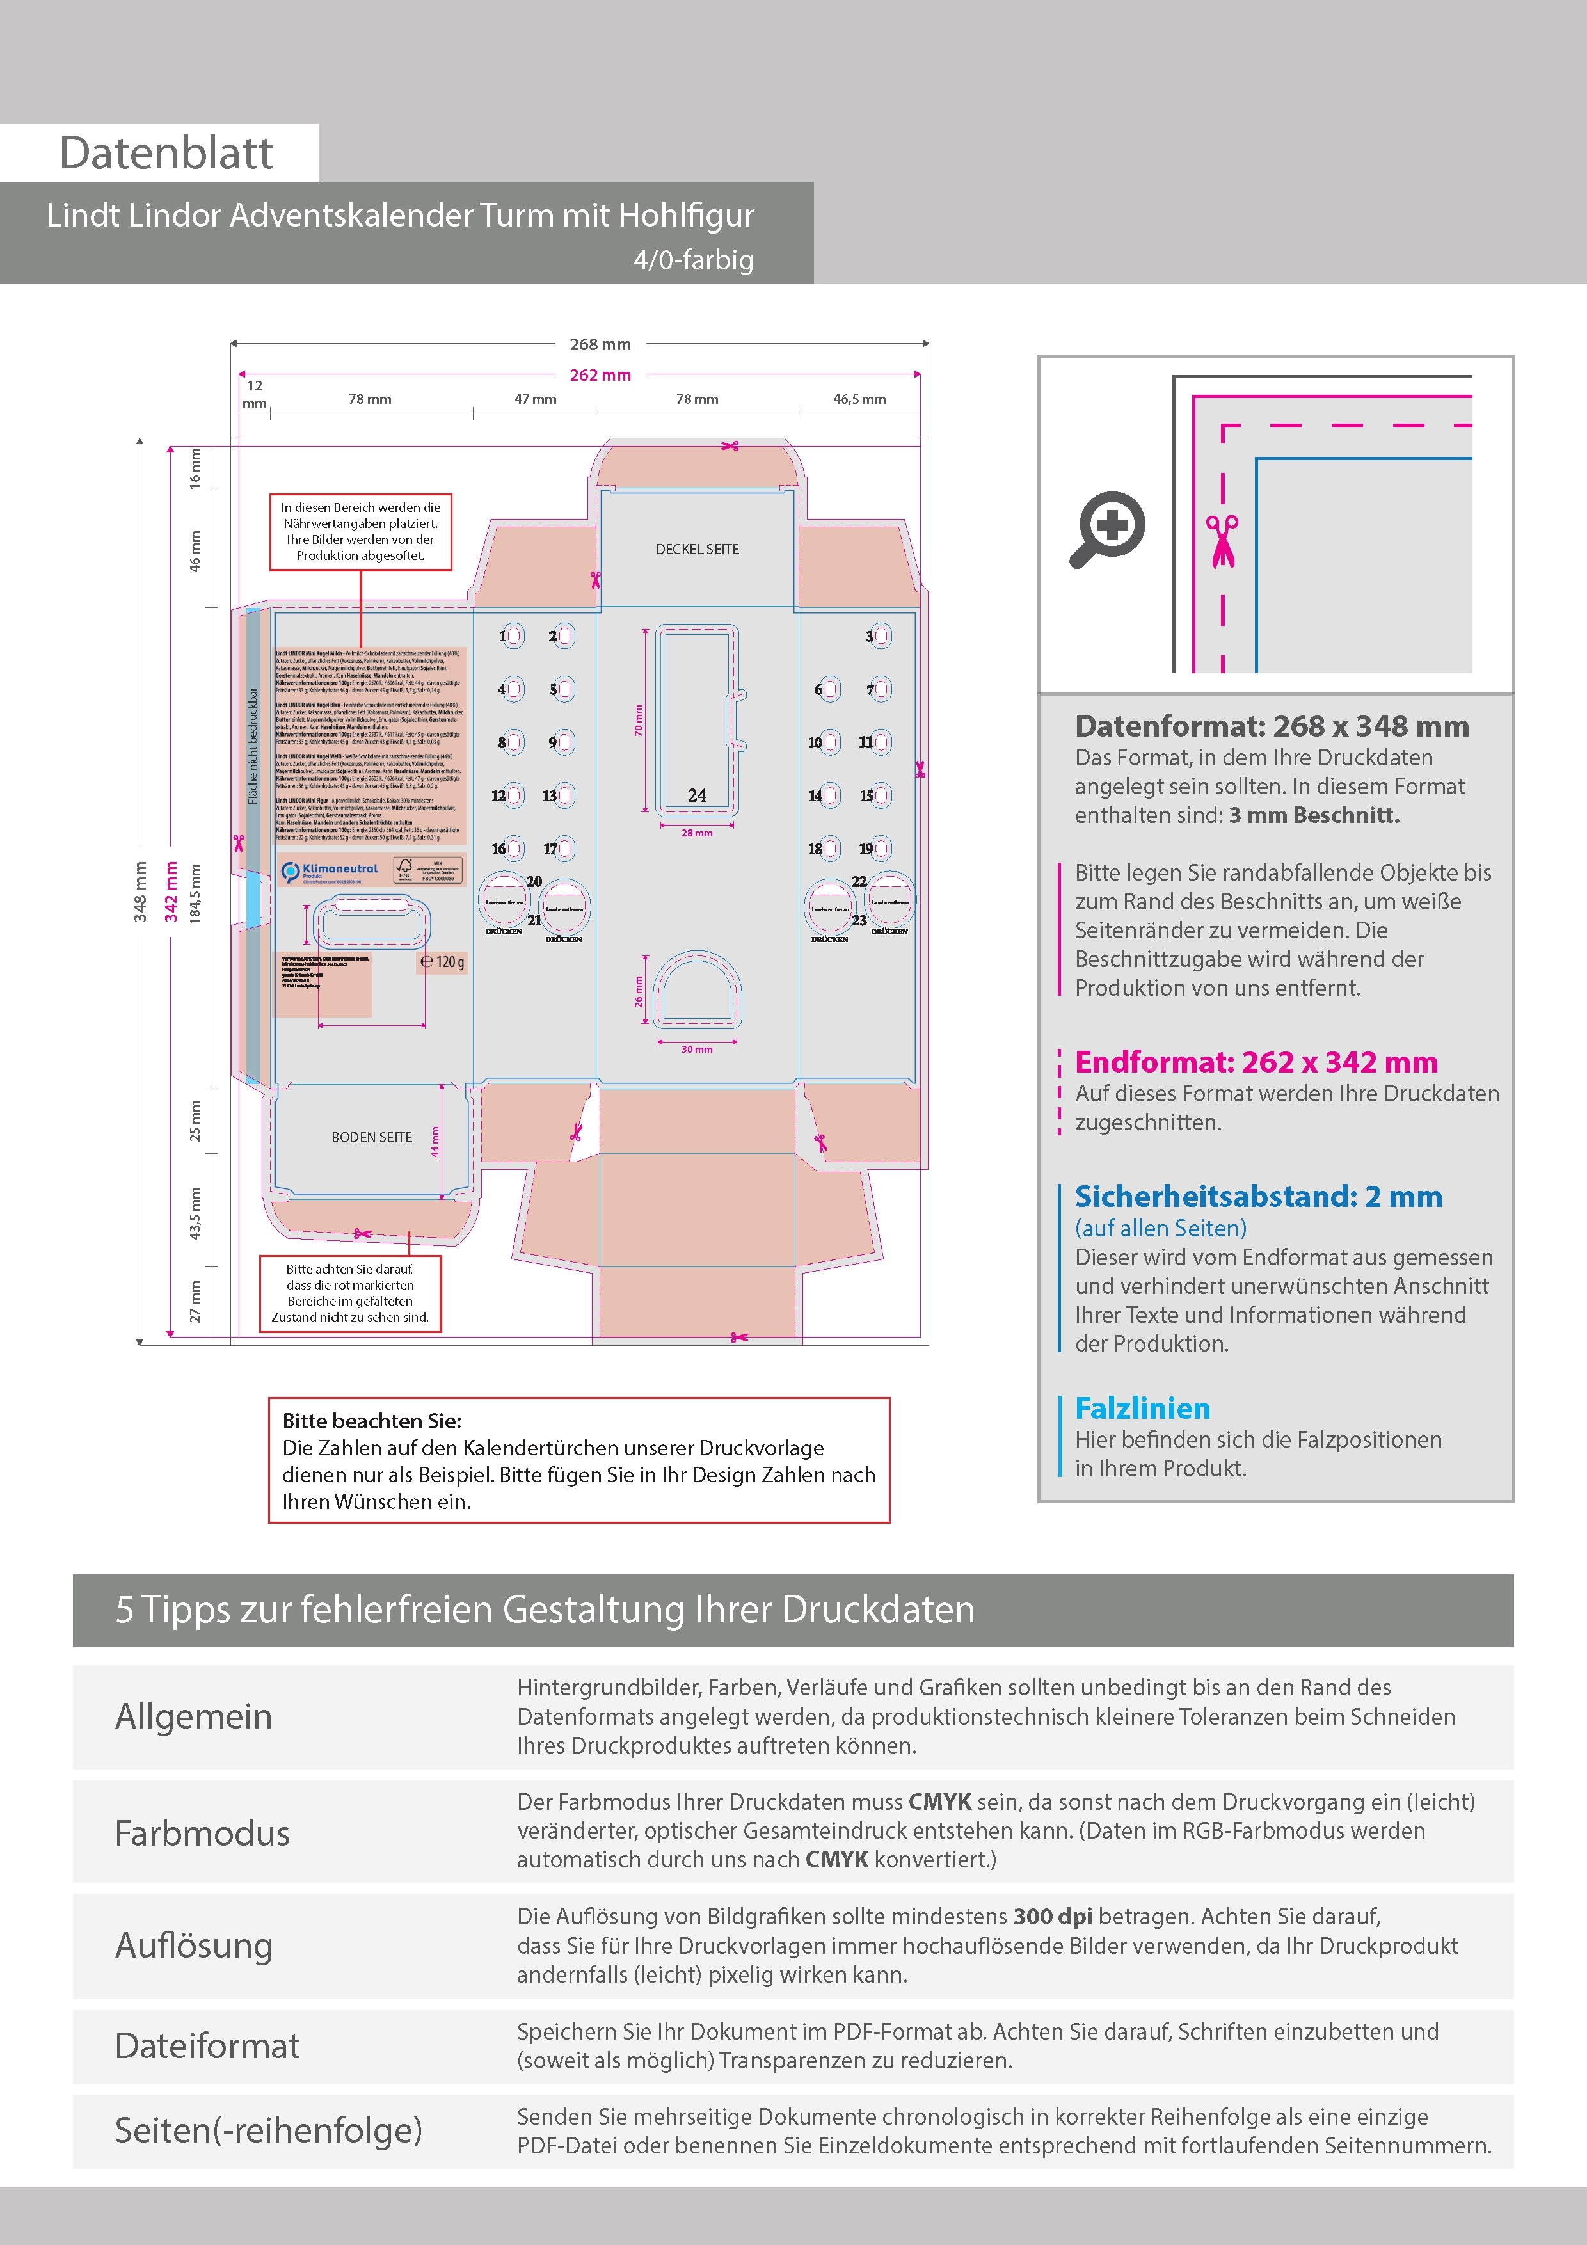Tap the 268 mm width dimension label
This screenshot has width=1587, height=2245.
[600, 344]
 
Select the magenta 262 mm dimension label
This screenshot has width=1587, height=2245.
[600, 376]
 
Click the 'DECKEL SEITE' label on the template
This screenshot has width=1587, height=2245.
[697, 550]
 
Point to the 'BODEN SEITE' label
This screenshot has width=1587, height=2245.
[372, 1137]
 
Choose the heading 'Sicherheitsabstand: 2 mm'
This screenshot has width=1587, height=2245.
[1257, 1197]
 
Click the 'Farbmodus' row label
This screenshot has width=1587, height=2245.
[202, 1834]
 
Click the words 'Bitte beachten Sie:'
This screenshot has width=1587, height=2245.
[372, 1421]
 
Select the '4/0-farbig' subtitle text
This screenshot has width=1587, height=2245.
[693, 260]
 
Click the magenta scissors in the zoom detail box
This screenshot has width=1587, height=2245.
[1222, 541]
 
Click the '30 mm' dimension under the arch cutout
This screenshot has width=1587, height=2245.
[696, 1049]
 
